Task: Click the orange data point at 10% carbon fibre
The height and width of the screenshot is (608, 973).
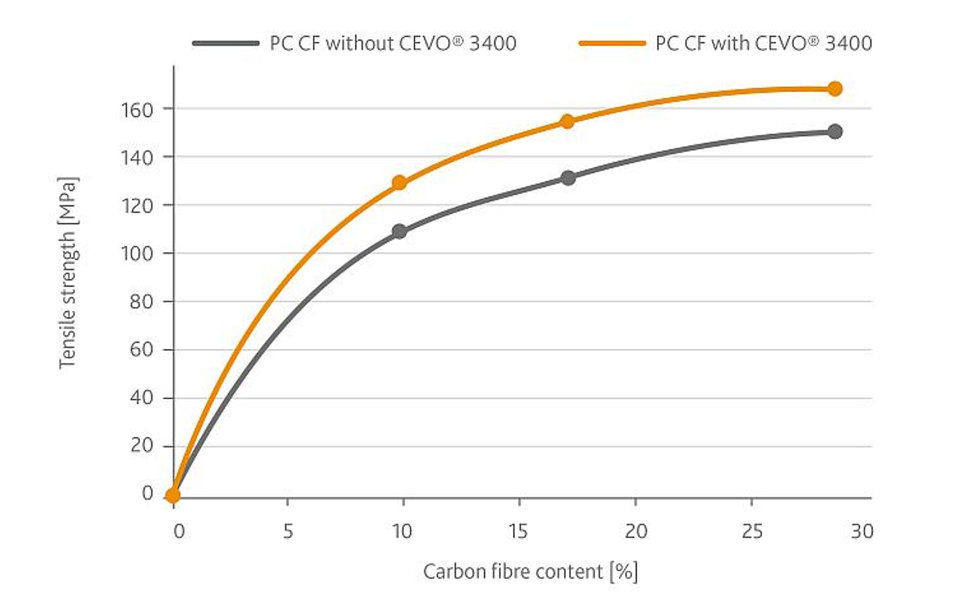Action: pyautogui.click(x=399, y=182)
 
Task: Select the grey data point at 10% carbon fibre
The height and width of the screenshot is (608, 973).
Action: pyautogui.click(x=399, y=232)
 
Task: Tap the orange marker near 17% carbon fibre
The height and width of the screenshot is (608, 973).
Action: pyautogui.click(x=568, y=122)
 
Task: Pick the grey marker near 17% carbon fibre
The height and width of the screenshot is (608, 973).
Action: pyautogui.click(x=568, y=178)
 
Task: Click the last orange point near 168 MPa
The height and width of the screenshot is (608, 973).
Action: pyautogui.click(x=835, y=89)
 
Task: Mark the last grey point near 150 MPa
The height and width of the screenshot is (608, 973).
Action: pyautogui.click(x=835, y=132)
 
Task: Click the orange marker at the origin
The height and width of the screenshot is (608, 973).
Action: pyautogui.click(x=173, y=495)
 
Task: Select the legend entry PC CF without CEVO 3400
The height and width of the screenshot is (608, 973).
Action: pyautogui.click(x=393, y=44)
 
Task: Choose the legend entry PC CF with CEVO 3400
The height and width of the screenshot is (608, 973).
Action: pyautogui.click(x=763, y=44)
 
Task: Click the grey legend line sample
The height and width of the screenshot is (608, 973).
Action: pyautogui.click(x=226, y=44)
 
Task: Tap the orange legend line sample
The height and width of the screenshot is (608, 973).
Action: pyautogui.click(x=612, y=44)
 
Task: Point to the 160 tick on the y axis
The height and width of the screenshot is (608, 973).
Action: pyautogui.click(x=137, y=110)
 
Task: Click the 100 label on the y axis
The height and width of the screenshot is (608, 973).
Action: pyautogui.click(x=137, y=253)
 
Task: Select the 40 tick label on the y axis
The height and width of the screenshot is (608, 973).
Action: pyautogui.click(x=141, y=398)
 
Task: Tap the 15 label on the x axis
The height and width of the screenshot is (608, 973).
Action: pyautogui.click(x=518, y=531)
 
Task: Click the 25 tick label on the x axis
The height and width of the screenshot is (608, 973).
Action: pyautogui.click(x=752, y=531)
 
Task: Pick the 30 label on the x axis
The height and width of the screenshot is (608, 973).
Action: pyautogui.click(x=862, y=531)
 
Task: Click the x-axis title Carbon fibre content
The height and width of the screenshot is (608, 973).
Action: pyautogui.click(x=530, y=572)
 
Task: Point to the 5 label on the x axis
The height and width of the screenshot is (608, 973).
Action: pyautogui.click(x=288, y=531)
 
